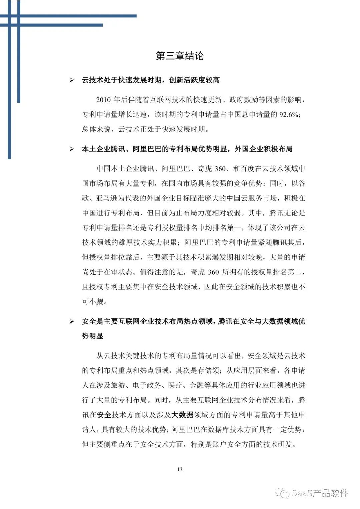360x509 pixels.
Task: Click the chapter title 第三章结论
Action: [x=180, y=56]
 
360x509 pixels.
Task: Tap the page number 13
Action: [x=180, y=469]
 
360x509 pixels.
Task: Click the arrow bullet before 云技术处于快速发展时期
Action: [x=71, y=80]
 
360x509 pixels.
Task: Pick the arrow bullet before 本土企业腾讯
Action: [x=71, y=149]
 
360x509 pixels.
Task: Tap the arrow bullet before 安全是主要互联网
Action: [x=71, y=321]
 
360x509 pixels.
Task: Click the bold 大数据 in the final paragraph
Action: [x=182, y=415]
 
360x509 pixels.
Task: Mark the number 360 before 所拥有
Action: [x=213, y=272]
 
